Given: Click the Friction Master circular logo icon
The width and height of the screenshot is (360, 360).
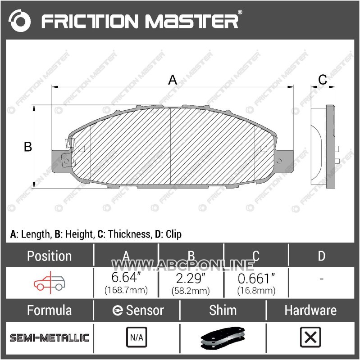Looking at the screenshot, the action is coord(19,20).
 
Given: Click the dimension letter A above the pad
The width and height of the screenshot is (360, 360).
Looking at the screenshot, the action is coord(173,80).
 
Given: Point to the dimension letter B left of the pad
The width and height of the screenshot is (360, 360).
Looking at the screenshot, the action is coord(28,147).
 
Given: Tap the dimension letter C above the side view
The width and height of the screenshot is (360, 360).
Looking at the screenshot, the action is coord(323,80).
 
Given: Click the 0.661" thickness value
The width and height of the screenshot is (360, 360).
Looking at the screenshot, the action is coord(256,279).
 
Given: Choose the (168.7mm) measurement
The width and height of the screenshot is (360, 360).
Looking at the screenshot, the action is coord(126,290).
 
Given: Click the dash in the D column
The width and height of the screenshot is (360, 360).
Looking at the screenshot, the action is coord(321,279).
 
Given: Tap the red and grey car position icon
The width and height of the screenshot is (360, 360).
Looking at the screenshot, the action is coord(50,283).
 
